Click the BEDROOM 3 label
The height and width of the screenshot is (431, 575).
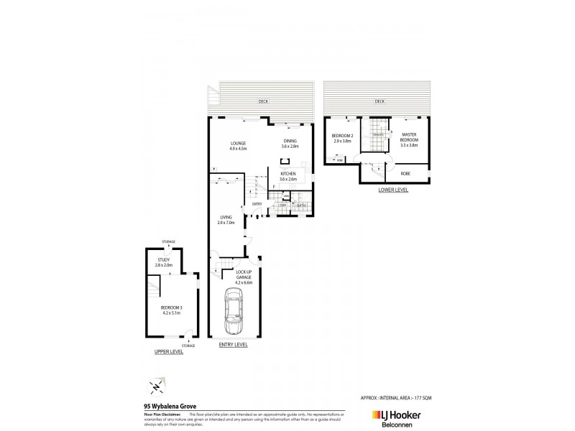click(171, 310)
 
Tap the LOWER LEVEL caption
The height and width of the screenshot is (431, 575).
click(393, 190)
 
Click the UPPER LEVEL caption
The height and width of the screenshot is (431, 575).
click(169, 351)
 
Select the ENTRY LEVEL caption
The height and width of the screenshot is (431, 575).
click(233, 345)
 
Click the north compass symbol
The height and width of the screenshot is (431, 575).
click(155, 386)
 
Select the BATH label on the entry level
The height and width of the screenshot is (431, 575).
click(300, 205)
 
